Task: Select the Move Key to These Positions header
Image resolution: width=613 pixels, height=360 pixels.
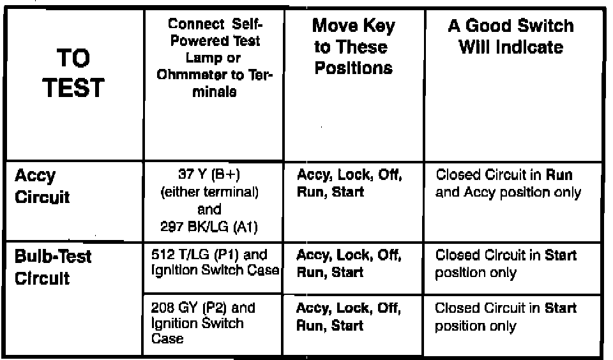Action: pos(354,47)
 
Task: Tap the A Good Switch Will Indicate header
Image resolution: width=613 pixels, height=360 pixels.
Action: pos(511,36)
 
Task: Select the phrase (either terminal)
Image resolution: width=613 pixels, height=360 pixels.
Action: pos(213,191)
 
